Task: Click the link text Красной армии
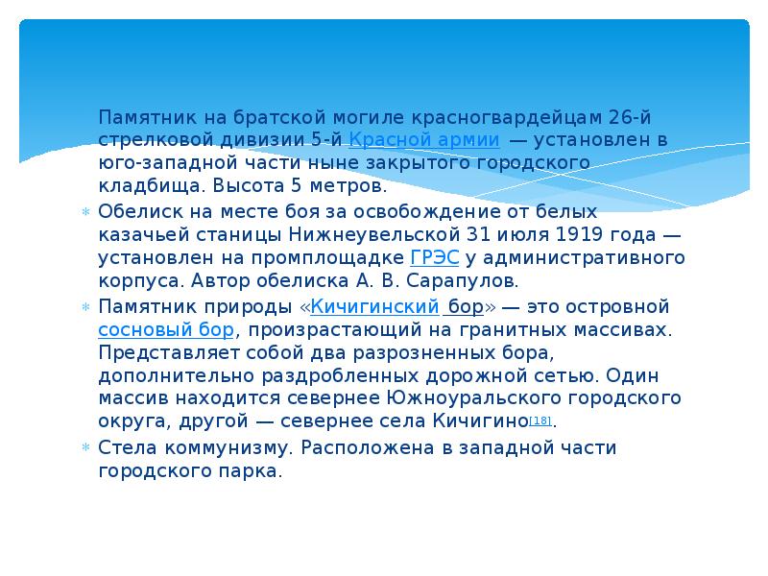coord(423,140)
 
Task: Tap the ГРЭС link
coord(434,258)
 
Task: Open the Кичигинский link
coord(374,307)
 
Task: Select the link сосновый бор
coord(165,330)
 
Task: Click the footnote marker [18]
coord(540,421)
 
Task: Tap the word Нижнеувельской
coord(357,234)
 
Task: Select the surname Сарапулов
coord(471,281)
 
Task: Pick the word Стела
coord(123,447)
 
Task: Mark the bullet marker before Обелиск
coord(84,211)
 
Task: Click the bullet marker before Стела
coord(84,448)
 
